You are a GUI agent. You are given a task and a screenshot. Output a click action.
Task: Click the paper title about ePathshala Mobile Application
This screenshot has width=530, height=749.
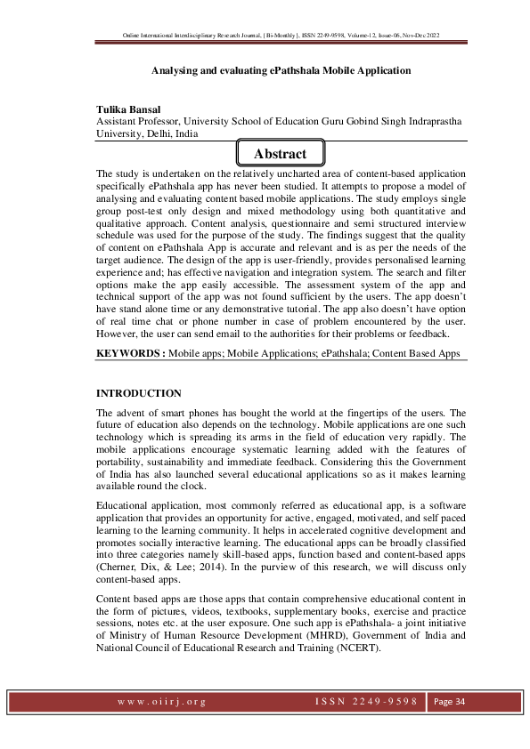click(x=281, y=69)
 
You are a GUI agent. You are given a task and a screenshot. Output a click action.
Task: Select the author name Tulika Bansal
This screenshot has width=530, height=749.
click(x=134, y=109)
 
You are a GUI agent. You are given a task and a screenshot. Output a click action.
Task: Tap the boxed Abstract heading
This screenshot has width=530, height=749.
click(x=280, y=154)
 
